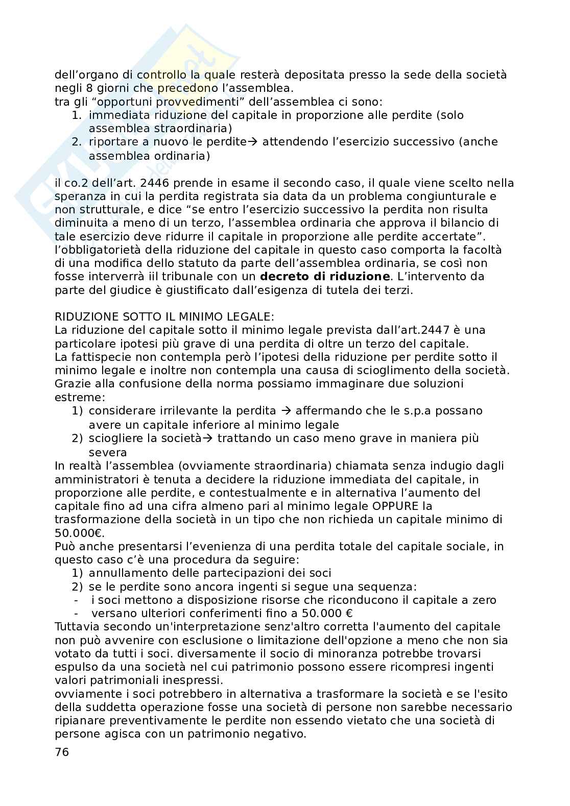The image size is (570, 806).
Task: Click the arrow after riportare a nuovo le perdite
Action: (x=253, y=142)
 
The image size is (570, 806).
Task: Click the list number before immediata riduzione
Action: (x=76, y=115)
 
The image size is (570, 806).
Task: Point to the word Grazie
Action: (x=70, y=383)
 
